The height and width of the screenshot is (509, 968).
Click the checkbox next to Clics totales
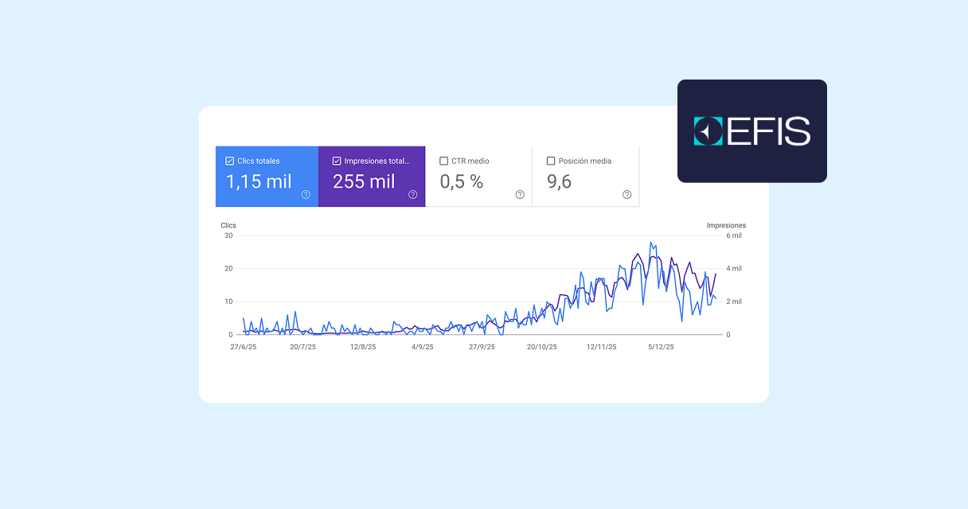click(230, 161)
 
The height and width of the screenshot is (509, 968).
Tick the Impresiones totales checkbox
click(337, 161)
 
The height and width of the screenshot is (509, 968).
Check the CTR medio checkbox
click(444, 161)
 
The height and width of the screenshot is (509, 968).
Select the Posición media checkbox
click(551, 161)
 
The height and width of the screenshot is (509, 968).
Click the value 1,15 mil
click(259, 182)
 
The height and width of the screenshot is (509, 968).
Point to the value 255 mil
click(364, 182)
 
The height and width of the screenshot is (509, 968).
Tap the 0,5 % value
click(462, 182)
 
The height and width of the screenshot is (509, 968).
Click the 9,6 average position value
click(559, 182)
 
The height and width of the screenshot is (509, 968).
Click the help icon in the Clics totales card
click(306, 194)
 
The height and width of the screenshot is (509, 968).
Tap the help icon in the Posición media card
click(626, 194)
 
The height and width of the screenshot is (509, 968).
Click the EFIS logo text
click(768, 131)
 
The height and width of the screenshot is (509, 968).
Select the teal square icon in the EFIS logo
click(708, 131)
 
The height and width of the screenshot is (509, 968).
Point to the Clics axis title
click(228, 226)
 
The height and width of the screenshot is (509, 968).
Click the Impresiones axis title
click(726, 226)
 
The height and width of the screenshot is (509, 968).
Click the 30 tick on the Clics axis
click(228, 235)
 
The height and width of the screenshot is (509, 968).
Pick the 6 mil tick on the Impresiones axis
click(732, 235)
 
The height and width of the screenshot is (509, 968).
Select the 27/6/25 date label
click(243, 347)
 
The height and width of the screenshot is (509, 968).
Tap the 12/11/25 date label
click(601, 347)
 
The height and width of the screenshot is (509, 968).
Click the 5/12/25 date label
click(661, 347)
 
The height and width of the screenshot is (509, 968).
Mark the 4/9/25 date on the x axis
click(422, 347)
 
